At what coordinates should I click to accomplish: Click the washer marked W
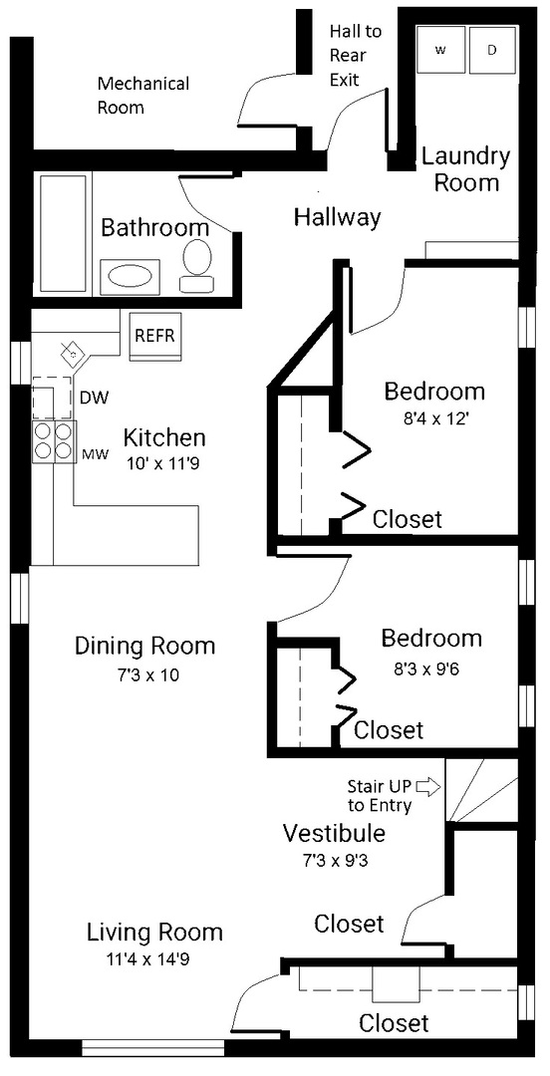pos(439,50)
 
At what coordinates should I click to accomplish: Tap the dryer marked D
pos(491,50)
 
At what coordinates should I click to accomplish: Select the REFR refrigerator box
pos(154,336)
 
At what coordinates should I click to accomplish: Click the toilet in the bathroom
pos(196,264)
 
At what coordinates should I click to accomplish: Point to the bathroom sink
pos(131,275)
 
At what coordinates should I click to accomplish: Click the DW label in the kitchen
pos(94,398)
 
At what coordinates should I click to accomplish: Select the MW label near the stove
pos(94,455)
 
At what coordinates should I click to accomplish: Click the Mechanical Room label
pos(142,96)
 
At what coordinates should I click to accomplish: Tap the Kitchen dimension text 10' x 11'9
pos(164,462)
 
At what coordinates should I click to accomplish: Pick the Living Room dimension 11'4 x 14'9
pos(154,958)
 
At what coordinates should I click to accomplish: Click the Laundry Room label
pos(464,169)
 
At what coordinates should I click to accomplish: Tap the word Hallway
pos(337,216)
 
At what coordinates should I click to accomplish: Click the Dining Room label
pos(144,646)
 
